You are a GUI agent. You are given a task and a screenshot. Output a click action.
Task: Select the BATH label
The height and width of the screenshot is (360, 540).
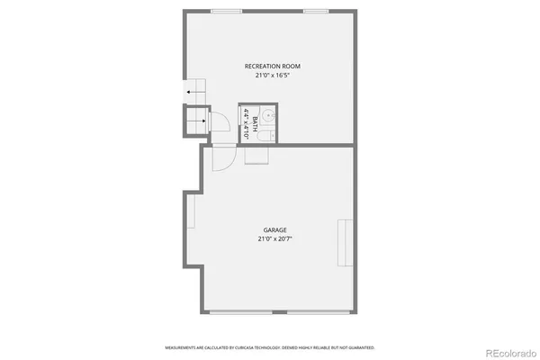[256, 121]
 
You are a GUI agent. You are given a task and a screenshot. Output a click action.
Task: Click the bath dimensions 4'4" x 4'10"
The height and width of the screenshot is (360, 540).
[245, 121]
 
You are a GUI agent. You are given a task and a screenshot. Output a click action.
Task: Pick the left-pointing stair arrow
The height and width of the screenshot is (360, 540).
[191, 92]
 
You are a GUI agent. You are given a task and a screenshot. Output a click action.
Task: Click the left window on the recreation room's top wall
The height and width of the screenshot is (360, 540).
[225, 11]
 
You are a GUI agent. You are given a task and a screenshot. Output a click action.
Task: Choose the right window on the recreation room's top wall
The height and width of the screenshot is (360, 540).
[315, 11]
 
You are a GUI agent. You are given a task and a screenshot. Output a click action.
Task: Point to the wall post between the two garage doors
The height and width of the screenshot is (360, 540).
[287, 312]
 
